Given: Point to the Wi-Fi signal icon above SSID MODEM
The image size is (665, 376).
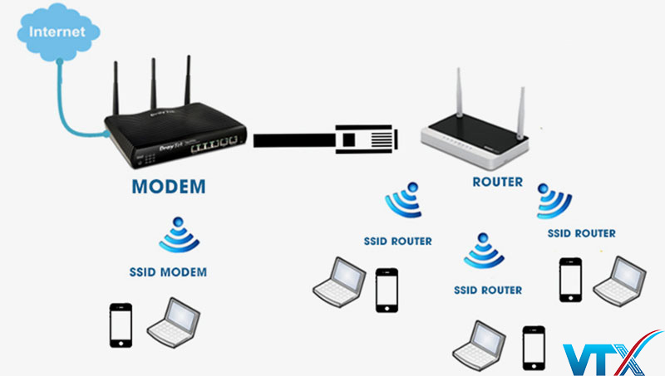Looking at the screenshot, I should (179, 236).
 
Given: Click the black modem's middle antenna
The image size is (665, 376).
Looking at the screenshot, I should (155, 83).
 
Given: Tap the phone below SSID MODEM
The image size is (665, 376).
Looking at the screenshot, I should (121, 325).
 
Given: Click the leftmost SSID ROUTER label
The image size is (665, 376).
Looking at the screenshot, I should (398, 242).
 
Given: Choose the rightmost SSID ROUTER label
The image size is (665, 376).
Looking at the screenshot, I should (582, 234).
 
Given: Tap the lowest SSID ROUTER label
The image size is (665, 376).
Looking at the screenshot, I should (488, 291).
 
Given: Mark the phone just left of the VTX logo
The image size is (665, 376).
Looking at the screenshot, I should (532, 347).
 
